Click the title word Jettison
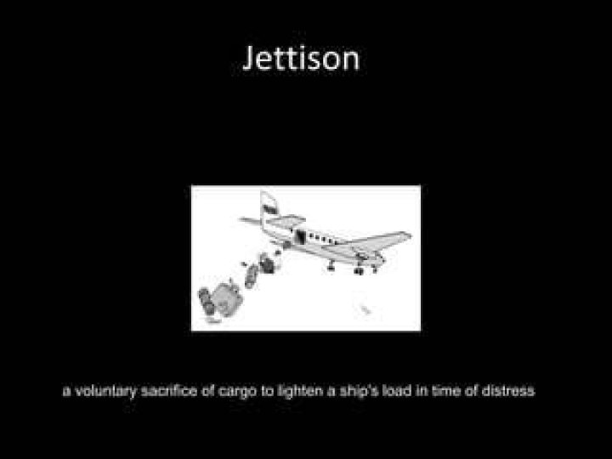(301, 59)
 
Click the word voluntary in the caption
(105, 391)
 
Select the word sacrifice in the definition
(168, 390)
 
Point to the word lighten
(301, 391)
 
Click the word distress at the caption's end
(507, 390)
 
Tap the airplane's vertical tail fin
(268, 207)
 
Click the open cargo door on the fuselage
(300, 236)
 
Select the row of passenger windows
(322, 239)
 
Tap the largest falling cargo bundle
(228, 299)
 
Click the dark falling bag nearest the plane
(267, 263)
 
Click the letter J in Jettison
(250, 59)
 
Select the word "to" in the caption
(267, 391)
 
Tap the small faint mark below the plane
(365, 309)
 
